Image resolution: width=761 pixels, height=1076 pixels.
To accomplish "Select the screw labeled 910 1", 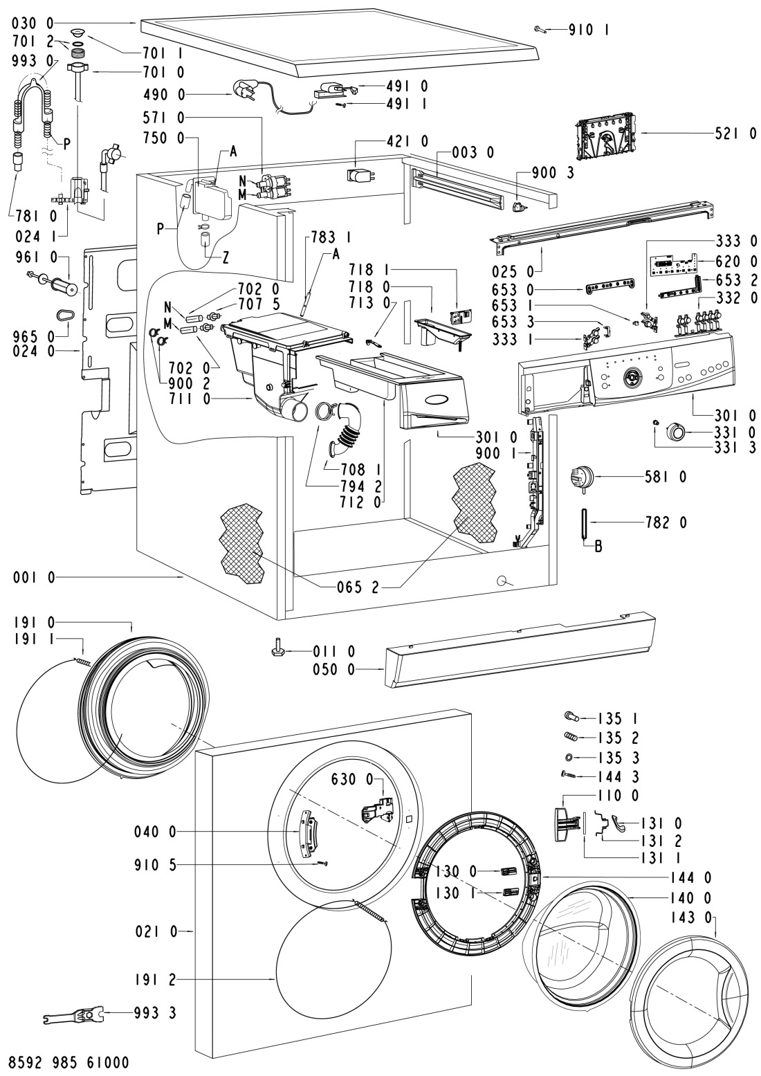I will (541, 29).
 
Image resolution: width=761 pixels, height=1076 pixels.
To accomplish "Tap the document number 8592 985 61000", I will (68, 1061).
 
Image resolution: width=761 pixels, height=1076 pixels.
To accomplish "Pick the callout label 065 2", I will (358, 587).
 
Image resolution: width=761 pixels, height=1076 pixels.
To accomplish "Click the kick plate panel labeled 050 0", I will (519, 650).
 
